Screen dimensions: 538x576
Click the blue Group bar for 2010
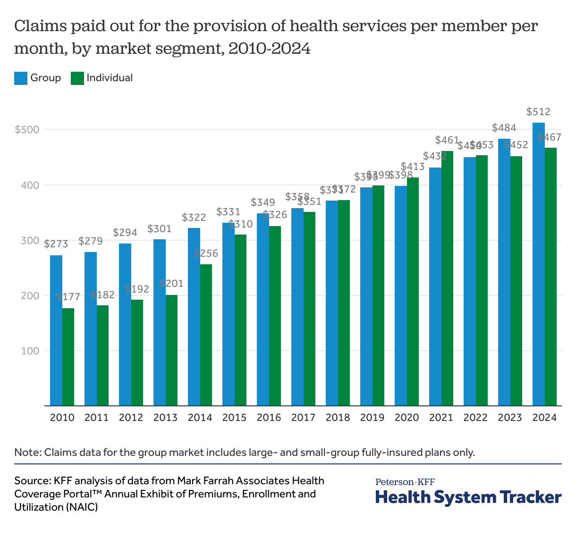(56, 330)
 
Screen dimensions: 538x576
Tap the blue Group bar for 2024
(539, 264)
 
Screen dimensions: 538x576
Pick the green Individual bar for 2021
(447, 278)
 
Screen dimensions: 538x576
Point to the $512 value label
(539, 112)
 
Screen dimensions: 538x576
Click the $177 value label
(68, 297)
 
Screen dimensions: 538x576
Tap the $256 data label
(206, 253)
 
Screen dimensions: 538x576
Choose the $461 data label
(447, 140)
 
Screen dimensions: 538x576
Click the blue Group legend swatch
(21, 78)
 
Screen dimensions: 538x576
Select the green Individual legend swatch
(77, 78)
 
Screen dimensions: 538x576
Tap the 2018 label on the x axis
(338, 418)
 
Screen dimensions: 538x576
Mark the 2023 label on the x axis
(510, 418)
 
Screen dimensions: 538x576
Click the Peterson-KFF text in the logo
(405, 482)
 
